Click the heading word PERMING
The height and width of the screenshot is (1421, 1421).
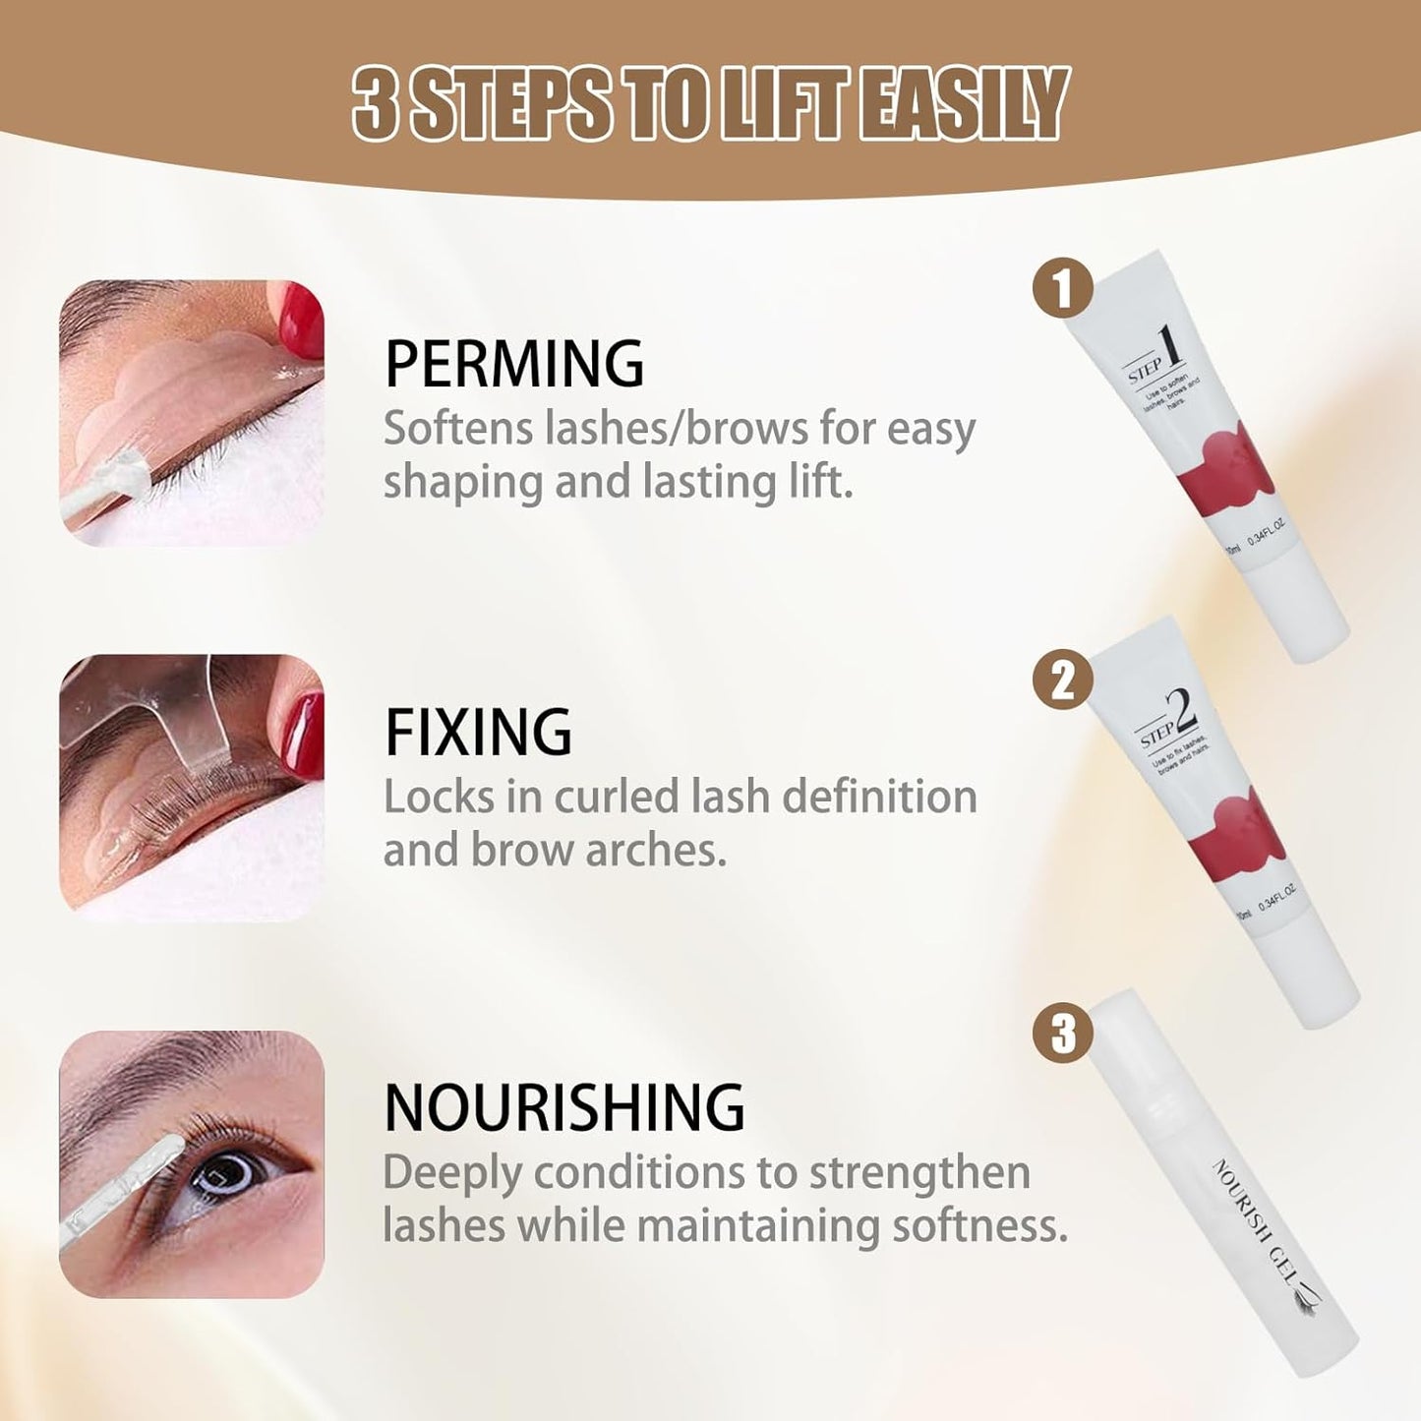pyautogui.click(x=513, y=364)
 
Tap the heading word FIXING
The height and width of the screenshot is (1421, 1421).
pyautogui.click(x=478, y=733)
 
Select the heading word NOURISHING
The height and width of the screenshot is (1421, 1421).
pyautogui.click(x=564, y=1107)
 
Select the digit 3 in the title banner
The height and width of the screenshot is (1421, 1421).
pyautogui.click(x=376, y=103)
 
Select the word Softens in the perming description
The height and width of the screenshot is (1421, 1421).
pyautogui.click(x=455, y=429)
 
